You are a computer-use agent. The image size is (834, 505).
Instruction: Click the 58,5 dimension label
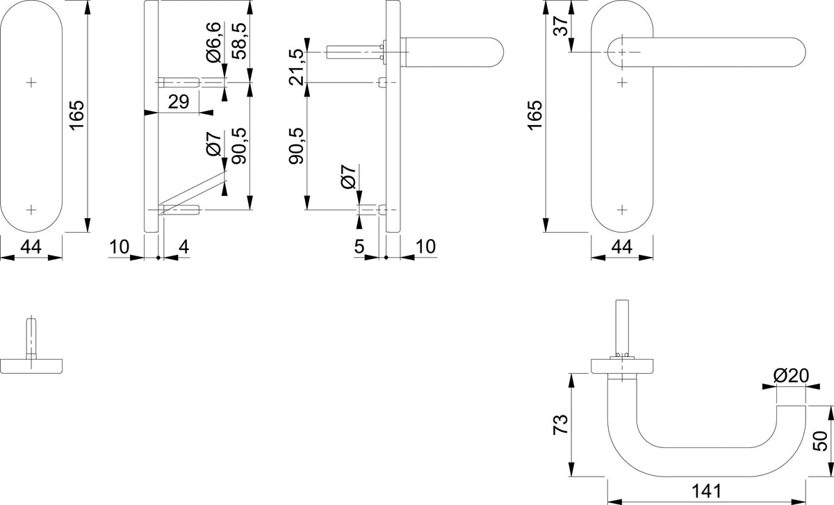click(x=238, y=40)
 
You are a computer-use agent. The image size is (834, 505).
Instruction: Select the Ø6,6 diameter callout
click(x=213, y=42)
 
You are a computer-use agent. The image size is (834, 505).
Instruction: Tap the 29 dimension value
click(x=179, y=101)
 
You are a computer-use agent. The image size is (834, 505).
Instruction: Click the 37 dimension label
click(x=561, y=25)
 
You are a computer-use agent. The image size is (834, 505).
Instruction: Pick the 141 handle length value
click(x=706, y=491)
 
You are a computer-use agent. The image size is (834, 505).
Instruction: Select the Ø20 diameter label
click(x=791, y=376)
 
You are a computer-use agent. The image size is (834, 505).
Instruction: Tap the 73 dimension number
click(x=561, y=424)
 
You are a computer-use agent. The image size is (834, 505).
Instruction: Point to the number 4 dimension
click(x=184, y=247)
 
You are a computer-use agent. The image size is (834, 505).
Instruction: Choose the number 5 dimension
click(x=359, y=247)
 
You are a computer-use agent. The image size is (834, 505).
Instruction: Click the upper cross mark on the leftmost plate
click(x=31, y=82)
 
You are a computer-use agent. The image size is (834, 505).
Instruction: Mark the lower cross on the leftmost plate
click(x=31, y=210)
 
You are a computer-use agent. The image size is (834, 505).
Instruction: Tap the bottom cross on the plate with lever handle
click(x=622, y=210)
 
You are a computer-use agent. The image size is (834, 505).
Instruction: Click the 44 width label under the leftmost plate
click(x=31, y=247)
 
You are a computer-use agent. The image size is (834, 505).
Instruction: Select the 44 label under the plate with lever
click(x=622, y=247)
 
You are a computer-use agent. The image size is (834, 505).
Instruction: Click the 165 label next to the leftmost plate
click(x=77, y=115)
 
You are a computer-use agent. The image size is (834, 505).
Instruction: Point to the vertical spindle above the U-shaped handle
click(x=622, y=329)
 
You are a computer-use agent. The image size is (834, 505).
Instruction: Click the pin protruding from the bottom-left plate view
click(x=31, y=338)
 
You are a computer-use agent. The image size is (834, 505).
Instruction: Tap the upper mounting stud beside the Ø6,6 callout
click(x=179, y=82)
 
